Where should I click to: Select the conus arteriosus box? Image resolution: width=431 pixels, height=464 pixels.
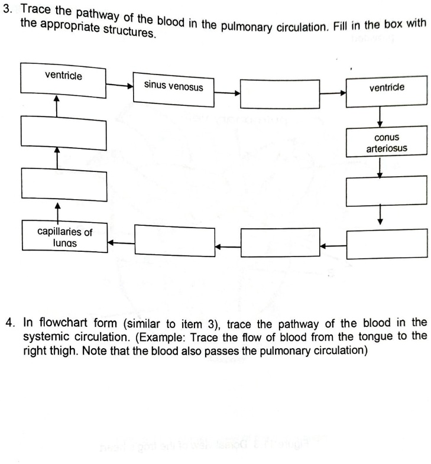tap(386, 141)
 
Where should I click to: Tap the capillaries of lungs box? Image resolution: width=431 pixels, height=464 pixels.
tap(64, 236)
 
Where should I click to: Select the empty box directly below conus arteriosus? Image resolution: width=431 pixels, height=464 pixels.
tap(386, 191)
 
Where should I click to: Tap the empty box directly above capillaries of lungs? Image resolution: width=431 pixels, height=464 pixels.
tap(64, 184)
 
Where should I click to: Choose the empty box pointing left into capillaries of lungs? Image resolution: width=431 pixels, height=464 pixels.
tap(174, 241)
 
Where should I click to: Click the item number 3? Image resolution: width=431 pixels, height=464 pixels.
tap(7, 9)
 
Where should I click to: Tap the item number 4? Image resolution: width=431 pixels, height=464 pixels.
tap(9, 323)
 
